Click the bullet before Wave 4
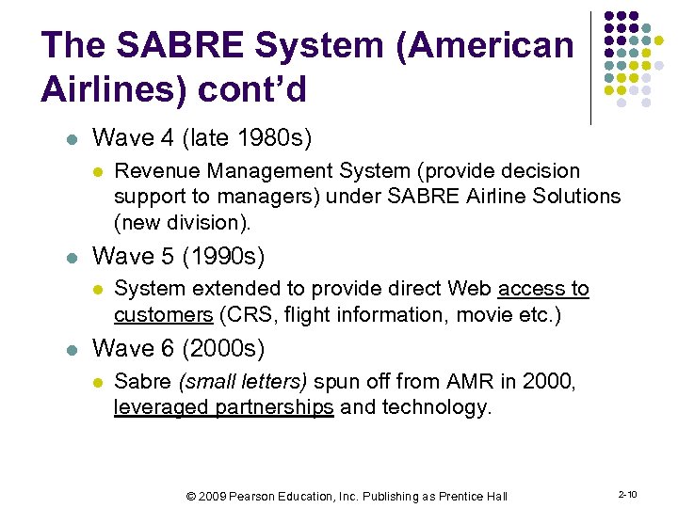[x=69, y=139]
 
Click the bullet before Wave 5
[x=69, y=257]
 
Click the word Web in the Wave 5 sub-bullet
[x=470, y=289]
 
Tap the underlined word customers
[x=163, y=314]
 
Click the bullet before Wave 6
[x=69, y=349]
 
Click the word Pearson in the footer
[x=267, y=496]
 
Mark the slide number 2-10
[x=627, y=494]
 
